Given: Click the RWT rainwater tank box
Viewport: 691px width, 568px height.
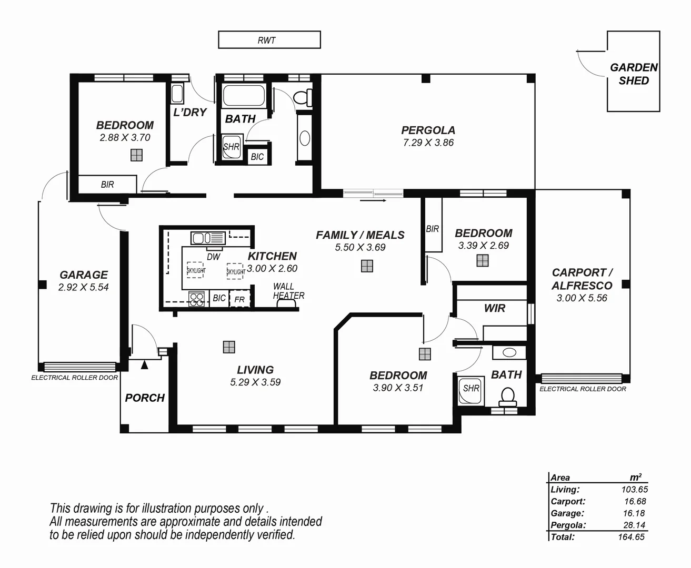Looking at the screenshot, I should click(x=269, y=40).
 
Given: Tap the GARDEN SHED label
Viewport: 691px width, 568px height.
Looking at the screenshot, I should click(x=634, y=74).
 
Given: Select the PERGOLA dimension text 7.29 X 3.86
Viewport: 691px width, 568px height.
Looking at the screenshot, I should click(x=428, y=143).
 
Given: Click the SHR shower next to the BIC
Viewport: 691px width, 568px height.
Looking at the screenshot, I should click(x=231, y=147).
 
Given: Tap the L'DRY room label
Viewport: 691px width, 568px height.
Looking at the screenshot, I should click(x=190, y=112).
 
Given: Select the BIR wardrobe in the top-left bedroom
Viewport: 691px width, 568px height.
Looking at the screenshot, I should click(x=107, y=185).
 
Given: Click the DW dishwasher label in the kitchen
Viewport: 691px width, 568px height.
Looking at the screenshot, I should click(x=213, y=257).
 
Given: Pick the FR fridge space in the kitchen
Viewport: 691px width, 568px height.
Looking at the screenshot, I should click(x=239, y=299).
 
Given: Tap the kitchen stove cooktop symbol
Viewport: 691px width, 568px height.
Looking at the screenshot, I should click(x=196, y=299).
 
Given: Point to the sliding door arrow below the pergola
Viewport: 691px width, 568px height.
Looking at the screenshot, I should click(x=374, y=200).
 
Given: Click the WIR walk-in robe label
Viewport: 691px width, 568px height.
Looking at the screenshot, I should click(x=494, y=308).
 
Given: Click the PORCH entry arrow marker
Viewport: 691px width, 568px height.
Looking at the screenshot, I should click(x=144, y=364).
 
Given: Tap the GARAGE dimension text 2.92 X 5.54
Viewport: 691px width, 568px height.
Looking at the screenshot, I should click(x=83, y=287).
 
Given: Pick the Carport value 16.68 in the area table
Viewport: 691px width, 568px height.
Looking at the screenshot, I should click(x=635, y=502).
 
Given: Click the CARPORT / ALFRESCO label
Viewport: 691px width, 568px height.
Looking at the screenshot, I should click(x=582, y=279).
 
